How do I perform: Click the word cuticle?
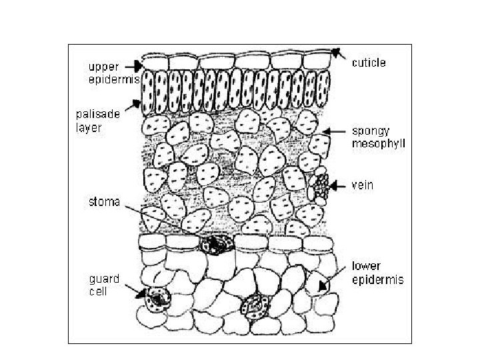[369, 63]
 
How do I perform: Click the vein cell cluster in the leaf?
[321, 185]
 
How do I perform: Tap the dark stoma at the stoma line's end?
[218, 245]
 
